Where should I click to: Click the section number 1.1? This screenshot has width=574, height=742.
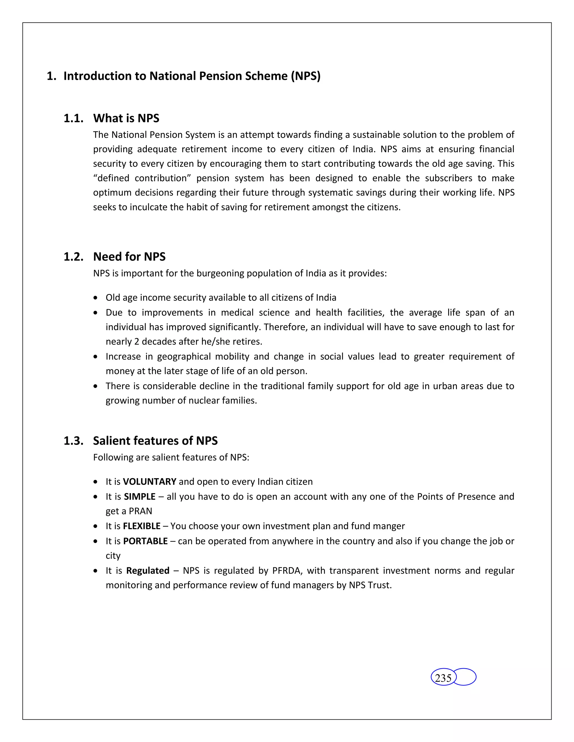tap(73, 118)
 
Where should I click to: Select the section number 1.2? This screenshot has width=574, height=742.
tap(73, 256)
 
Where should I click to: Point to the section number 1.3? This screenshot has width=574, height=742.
tap(73, 441)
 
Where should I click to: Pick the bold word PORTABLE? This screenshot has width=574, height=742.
tap(145, 541)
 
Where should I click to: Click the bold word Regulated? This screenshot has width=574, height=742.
tap(148, 570)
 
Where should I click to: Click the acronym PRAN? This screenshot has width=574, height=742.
tap(140, 511)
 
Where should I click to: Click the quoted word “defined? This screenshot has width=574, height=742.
tap(111, 178)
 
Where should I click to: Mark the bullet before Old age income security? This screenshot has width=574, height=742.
tap(96, 298)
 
